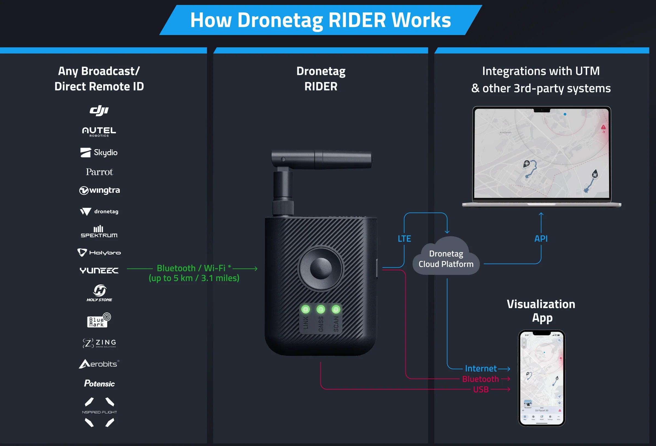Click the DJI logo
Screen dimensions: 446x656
point(99,110)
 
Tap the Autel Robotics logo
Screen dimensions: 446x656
point(99,131)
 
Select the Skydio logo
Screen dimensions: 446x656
point(99,153)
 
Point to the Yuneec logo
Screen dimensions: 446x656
point(99,271)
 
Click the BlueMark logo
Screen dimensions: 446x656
point(99,320)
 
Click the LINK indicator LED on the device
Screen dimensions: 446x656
point(305,309)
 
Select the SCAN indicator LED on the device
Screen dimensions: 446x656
point(336,309)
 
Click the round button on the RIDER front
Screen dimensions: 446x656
point(321,268)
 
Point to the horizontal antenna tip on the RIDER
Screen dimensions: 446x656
point(367,160)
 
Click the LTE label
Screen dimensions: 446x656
point(404,239)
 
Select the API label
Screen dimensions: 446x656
point(541,239)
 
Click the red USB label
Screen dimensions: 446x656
point(481,389)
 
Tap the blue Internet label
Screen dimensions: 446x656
point(481,369)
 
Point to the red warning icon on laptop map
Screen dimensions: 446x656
point(603,127)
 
